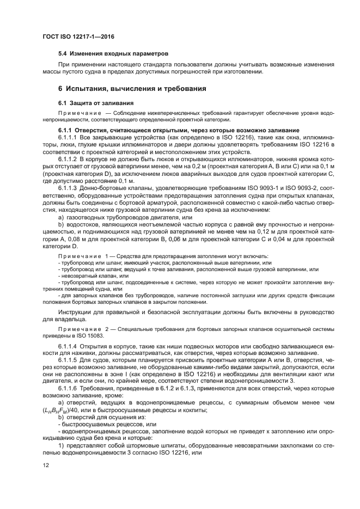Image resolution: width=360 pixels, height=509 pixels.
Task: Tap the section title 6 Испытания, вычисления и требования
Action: tap(132, 88)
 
